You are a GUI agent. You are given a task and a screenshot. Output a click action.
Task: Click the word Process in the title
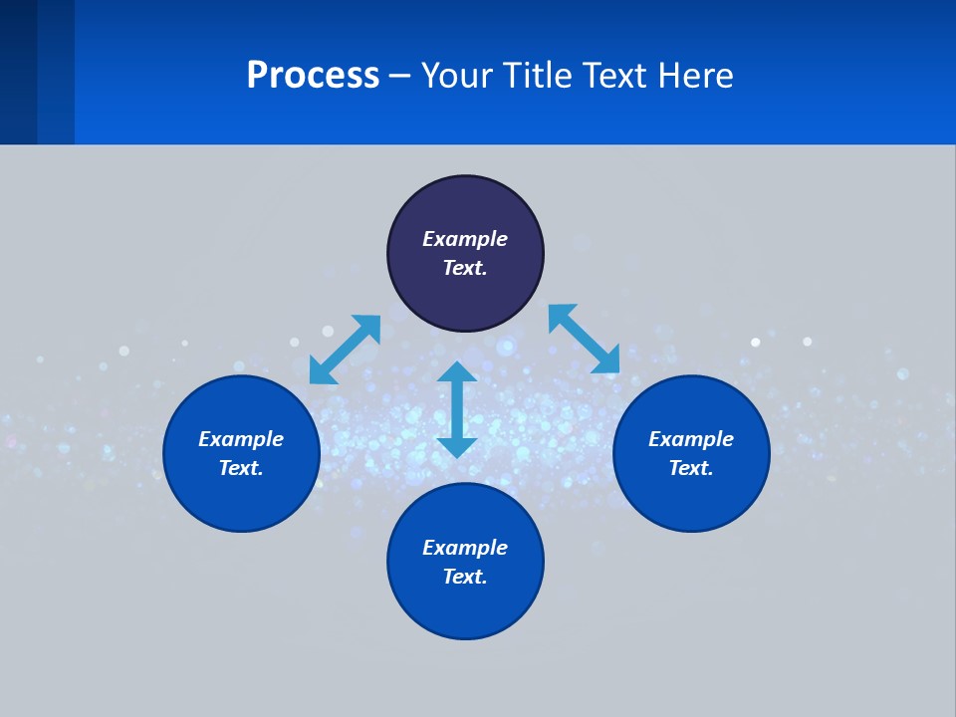coord(313,76)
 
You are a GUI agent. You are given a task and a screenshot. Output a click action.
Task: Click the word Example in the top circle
coord(465,239)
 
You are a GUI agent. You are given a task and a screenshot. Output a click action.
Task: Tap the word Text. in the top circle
coord(465,268)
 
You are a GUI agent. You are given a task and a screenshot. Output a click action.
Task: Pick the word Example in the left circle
coord(241,439)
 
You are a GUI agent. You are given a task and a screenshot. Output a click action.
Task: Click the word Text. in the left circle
coord(241,468)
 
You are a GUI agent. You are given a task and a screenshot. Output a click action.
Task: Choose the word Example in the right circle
coord(691,439)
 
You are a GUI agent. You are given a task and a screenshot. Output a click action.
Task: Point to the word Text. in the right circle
coord(691,468)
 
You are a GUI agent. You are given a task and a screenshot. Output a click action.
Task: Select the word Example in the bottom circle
coord(465,548)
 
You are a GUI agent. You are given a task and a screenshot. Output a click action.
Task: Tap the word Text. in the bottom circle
coord(465,577)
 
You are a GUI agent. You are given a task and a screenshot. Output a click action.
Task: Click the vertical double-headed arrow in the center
coord(457,409)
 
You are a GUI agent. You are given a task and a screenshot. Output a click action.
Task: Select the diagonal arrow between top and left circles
coord(345,350)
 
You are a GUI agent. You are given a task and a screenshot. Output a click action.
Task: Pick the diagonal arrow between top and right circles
coord(584,339)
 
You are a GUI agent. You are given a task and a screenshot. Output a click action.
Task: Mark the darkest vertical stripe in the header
coord(18,72)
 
